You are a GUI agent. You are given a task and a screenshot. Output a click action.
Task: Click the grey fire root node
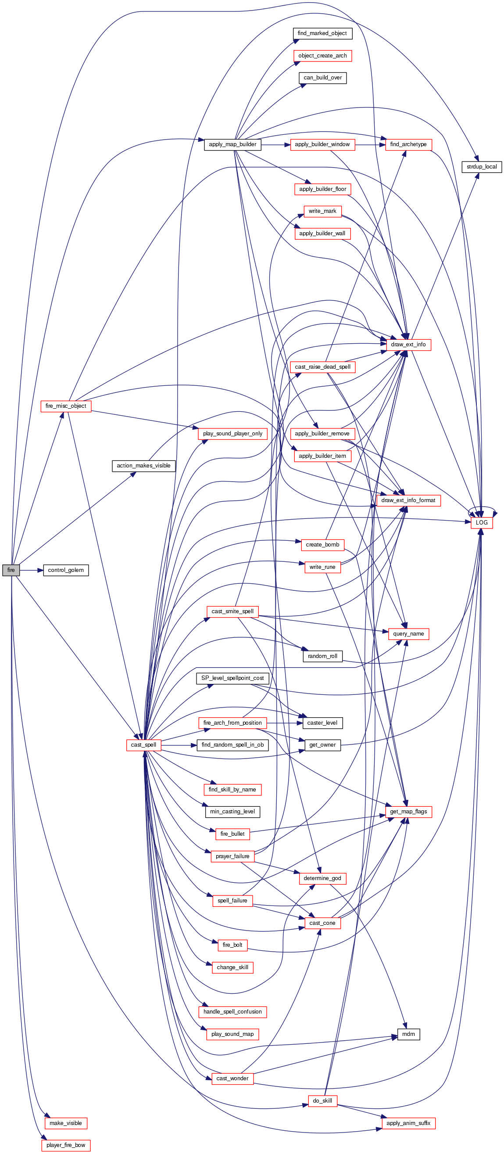point(11,570)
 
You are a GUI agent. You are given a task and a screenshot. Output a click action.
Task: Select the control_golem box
point(66,570)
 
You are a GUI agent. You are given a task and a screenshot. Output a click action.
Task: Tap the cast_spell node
point(143,744)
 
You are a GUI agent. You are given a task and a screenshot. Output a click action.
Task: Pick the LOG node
point(482,522)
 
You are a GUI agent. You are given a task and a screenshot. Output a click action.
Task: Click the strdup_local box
point(482,167)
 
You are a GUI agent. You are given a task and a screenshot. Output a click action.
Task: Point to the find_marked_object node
point(322,33)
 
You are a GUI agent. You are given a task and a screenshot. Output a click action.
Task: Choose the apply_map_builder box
point(232,144)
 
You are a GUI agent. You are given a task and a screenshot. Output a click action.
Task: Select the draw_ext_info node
point(408,345)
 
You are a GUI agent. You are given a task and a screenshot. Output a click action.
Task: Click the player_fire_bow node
point(66,1145)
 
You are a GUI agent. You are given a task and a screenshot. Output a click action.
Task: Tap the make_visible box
point(66,1123)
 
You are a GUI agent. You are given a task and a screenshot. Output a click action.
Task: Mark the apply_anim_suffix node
point(408,1123)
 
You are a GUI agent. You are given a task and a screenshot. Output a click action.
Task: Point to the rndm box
point(408,1034)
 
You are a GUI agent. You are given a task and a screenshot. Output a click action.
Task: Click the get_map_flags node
point(408,811)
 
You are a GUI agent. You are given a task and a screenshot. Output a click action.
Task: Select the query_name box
point(408,633)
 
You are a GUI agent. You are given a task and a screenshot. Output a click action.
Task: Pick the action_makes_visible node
point(143,465)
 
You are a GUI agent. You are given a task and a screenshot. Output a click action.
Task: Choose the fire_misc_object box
point(66,406)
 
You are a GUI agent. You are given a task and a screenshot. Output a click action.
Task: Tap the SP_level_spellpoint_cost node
point(232,678)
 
